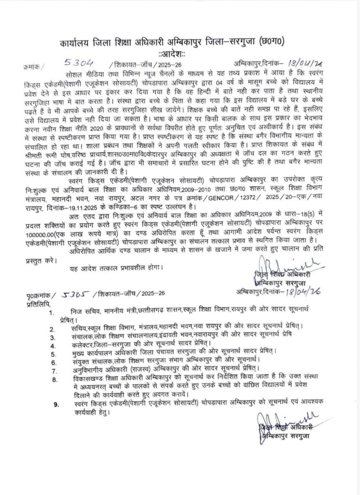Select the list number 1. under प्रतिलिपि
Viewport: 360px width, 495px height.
[59, 314]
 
